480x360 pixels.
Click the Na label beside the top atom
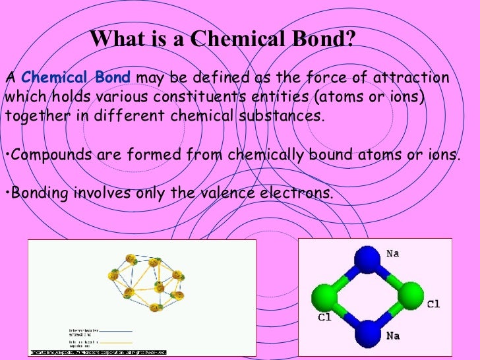click(393, 253)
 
